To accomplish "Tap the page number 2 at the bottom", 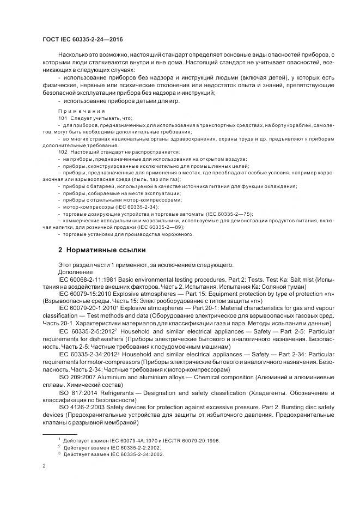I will tap(44, 466).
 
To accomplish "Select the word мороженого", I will tap(178, 234).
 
